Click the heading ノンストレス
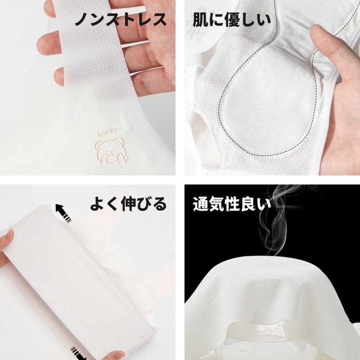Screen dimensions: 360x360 tap(121, 19)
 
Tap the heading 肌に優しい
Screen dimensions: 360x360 tap(232, 20)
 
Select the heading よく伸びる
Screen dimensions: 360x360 tap(128, 204)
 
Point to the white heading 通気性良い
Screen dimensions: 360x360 tap(232, 204)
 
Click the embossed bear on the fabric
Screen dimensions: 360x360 tap(111, 151)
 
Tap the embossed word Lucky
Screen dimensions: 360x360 tap(108, 132)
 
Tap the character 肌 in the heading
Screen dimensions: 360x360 tap(201, 20)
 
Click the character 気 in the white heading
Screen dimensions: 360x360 tap(216, 204)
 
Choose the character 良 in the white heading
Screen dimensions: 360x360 tap(248, 204)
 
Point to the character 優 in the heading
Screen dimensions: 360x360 tap(232, 20)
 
